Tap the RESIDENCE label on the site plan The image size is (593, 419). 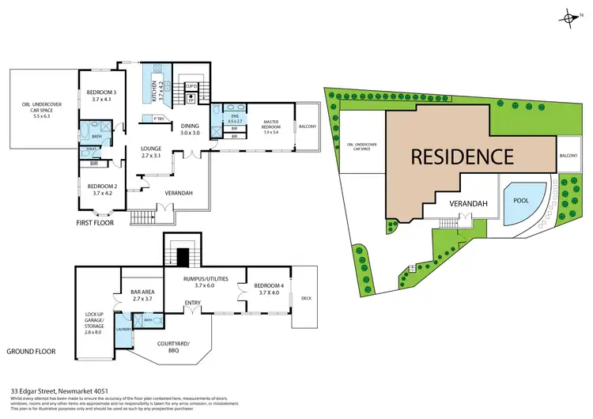463,156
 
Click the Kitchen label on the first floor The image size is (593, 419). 160,90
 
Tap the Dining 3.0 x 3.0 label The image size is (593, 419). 190,129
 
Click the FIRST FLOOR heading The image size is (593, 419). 94,223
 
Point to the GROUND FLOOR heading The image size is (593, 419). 31,350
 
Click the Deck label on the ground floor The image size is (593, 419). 304,299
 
